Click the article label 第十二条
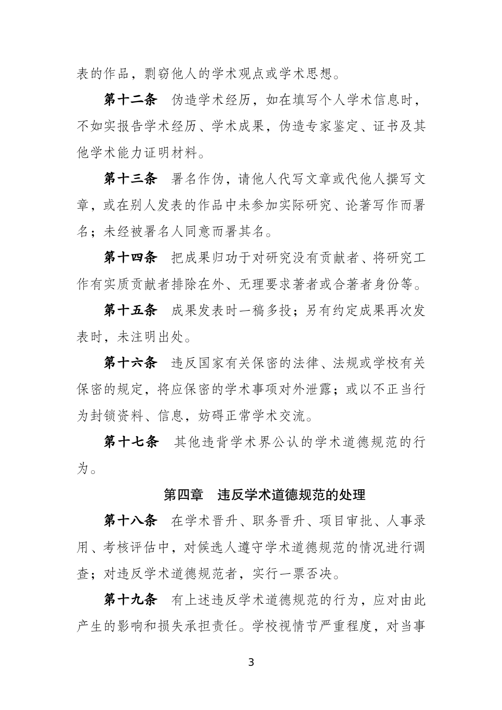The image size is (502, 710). pyautogui.click(x=130, y=100)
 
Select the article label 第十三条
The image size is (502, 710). pyautogui.click(x=130, y=179)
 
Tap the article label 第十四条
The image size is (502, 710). pyautogui.click(x=130, y=258)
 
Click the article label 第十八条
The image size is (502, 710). pyautogui.click(x=130, y=521)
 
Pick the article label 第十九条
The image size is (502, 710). pyautogui.click(x=130, y=600)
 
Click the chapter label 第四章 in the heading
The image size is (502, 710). pyautogui.click(x=183, y=495)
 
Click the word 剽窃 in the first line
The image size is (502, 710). pyautogui.click(x=158, y=74)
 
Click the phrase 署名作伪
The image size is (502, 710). pyautogui.click(x=198, y=179)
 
